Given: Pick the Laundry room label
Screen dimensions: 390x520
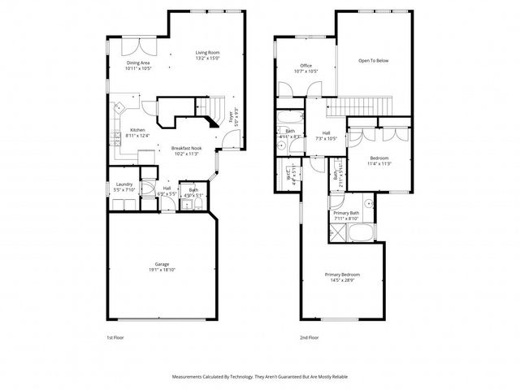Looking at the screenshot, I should click(x=124, y=184).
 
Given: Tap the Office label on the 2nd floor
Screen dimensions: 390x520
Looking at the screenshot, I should click(x=306, y=66).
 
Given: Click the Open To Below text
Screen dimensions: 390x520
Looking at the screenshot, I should click(x=374, y=59).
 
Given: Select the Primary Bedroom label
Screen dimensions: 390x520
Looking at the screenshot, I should click(x=342, y=275).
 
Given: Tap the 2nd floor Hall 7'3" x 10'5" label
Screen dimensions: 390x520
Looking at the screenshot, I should click(x=326, y=135).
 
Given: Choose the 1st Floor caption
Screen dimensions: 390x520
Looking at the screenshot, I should click(x=115, y=336).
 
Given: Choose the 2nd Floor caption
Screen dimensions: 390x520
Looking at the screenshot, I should click(x=309, y=336).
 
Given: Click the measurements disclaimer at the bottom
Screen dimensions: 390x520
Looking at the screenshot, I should click(x=260, y=377).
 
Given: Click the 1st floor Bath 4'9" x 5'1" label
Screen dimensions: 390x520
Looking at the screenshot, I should click(x=188, y=192).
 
